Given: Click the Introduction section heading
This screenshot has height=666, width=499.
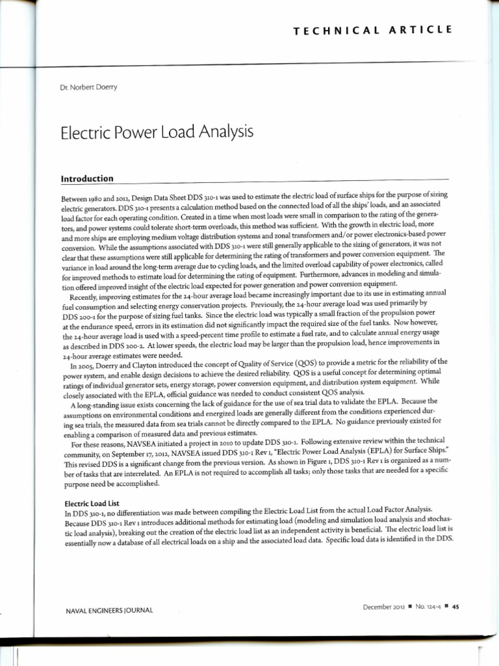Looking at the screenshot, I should (87, 178).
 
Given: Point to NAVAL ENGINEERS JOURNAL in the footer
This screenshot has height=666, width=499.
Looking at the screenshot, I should (109, 609).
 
